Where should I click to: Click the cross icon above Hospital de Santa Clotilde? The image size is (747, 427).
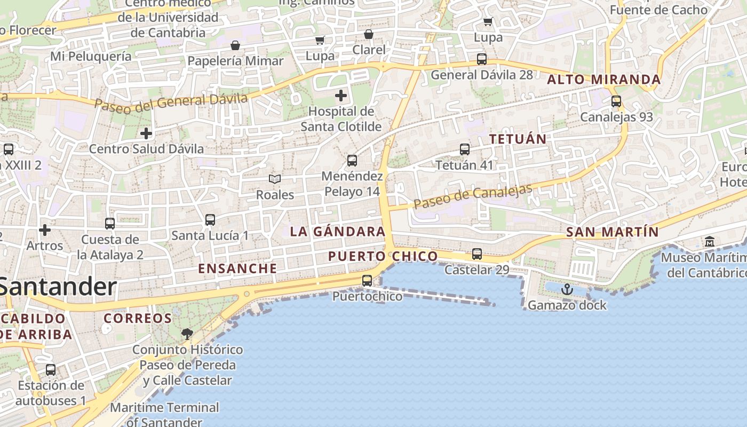pos(341,96)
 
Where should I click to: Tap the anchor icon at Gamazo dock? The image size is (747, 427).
pos(567,290)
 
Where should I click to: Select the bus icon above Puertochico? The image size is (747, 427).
pos(367,280)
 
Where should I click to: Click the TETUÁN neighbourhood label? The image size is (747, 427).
pos(518,139)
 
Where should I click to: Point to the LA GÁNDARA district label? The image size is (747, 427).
pos(338,232)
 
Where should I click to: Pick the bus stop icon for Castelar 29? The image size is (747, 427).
pos(477,254)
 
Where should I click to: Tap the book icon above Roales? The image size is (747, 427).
pos(275,179)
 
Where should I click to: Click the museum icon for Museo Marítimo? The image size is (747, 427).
pos(710,241)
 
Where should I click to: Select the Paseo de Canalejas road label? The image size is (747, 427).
pos(473,196)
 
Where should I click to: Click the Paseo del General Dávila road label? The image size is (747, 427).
pos(171,101)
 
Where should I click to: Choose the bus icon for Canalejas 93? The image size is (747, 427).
pos(616,101)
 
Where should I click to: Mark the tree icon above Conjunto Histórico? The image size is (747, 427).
pos(187,334)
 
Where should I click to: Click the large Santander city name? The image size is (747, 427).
pos(58,287)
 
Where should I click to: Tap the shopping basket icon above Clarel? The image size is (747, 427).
pos(369,35)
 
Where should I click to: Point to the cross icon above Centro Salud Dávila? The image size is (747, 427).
pos(146,133)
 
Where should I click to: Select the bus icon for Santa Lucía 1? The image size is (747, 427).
pos(210,219)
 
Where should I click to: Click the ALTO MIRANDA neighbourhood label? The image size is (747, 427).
pos(604,80)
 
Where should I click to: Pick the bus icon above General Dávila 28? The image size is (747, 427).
pos(482,59)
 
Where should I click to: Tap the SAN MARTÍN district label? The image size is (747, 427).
pos(612,232)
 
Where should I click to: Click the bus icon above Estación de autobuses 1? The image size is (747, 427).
pos(51,369)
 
